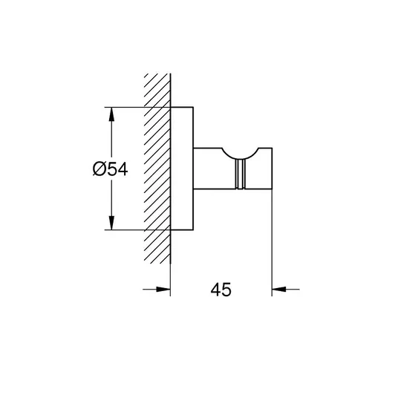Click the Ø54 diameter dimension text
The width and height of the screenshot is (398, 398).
coord(110,169)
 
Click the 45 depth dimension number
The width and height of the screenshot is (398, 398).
coord(221,290)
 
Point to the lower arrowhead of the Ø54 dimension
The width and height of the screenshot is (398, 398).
coord(111,223)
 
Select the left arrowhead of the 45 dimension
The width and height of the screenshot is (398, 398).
coord(163,289)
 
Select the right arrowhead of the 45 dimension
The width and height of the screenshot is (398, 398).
coord(279,289)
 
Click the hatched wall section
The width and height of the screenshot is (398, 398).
coord(157,169)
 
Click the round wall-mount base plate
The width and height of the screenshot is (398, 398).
coord(182,169)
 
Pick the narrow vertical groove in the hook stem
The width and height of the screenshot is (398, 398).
coord(240,174)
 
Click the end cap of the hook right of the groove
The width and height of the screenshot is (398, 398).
coord(258,169)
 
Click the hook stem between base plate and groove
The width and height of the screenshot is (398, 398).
coord(215,169)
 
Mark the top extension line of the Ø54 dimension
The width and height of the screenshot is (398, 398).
coord(137,107)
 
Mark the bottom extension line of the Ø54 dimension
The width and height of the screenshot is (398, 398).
coord(137,230)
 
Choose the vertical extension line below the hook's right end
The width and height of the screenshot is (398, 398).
coord(272,243)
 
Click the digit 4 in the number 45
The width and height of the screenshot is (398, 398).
coord(215,290)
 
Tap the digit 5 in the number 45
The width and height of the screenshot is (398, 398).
coord(226,290)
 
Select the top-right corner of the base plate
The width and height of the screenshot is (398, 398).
coord(193,107)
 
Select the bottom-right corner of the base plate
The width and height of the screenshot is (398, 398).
coord(193,230)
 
